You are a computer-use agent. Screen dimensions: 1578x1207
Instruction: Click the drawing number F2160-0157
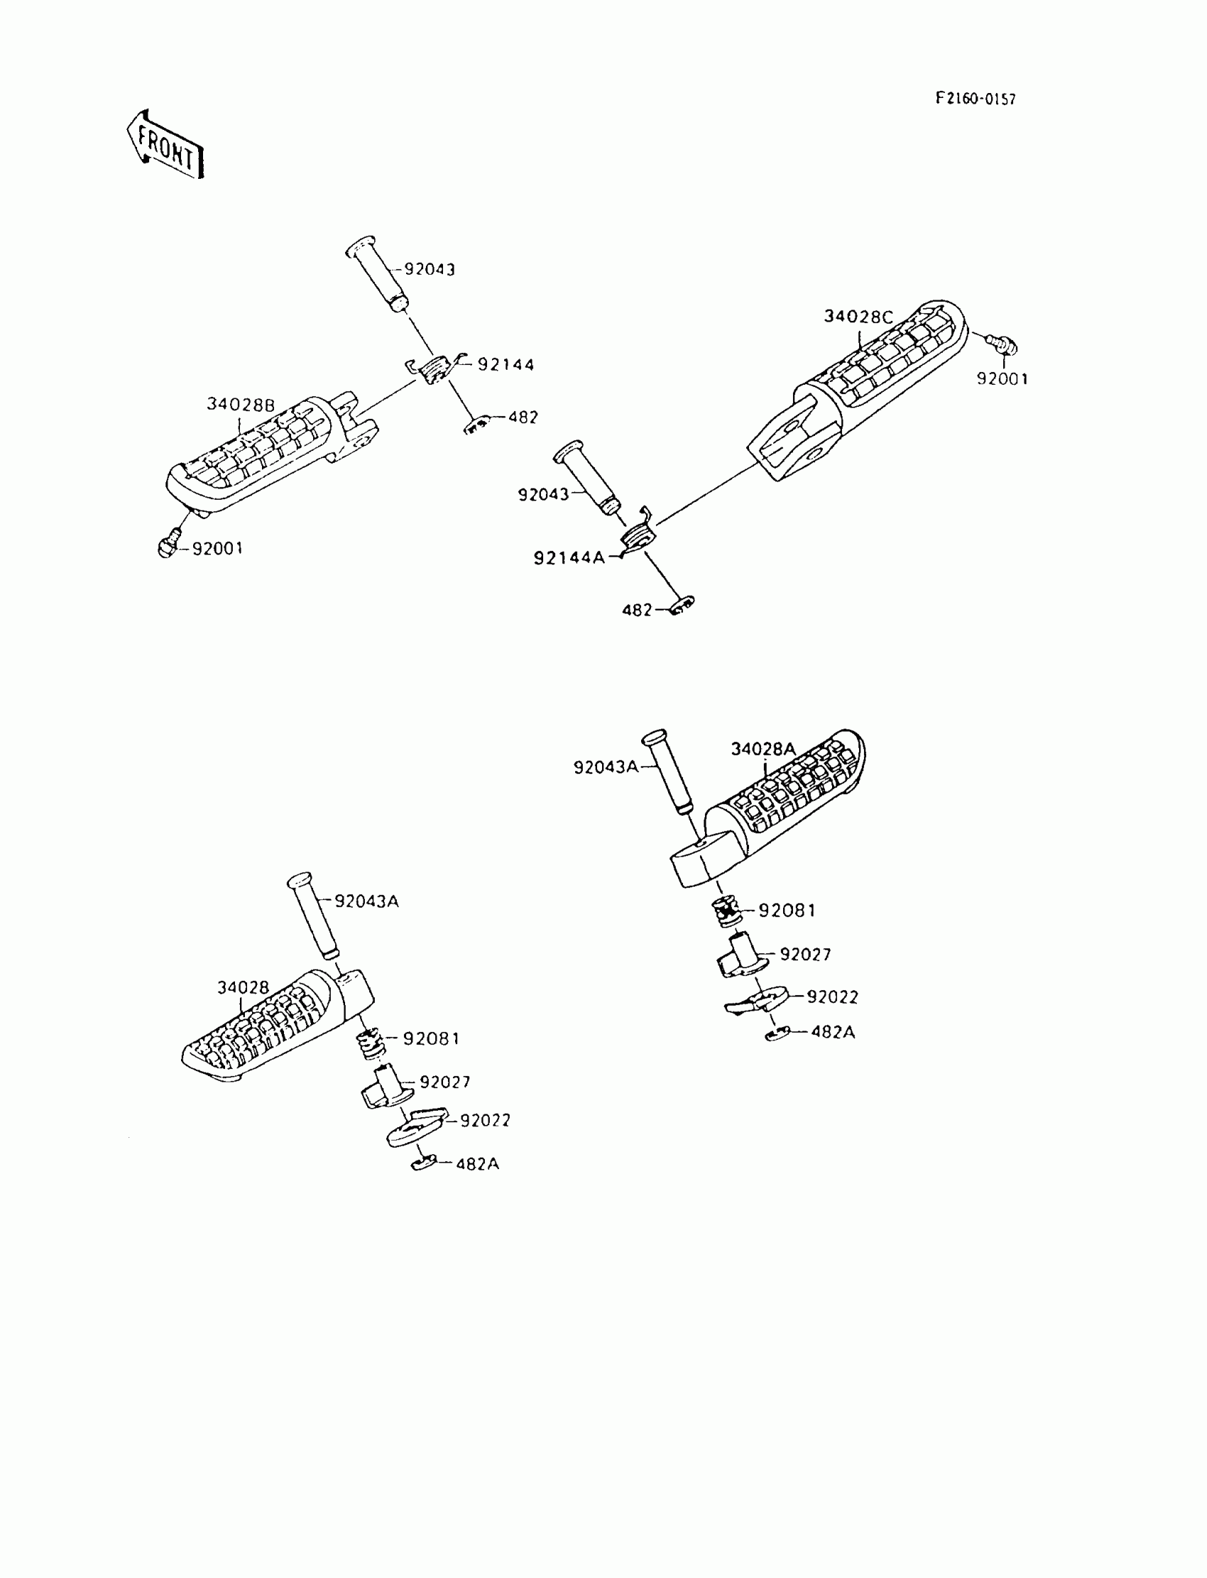[x=975, y=99]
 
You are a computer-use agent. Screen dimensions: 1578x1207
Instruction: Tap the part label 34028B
[x=241, y=405]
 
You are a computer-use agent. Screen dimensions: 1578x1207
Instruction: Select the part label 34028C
[x=858, y=317]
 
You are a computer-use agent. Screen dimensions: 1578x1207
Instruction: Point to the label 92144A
[x=569, y=558]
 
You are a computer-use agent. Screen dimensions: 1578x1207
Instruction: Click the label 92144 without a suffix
[x=506, y=365]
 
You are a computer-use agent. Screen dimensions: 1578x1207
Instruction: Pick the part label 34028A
[x=763, y=749]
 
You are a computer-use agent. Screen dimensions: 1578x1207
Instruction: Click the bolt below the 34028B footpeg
[x=168, y=548]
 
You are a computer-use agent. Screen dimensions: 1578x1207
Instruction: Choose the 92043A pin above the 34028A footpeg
[x=669, y=773]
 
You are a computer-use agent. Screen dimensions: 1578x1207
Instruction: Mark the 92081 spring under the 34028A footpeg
[x=728, y=911]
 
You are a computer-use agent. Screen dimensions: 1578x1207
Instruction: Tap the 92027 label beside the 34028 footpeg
[x=444, y=1082]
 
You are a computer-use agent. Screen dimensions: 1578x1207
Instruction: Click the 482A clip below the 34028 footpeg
[x=424, y=1162]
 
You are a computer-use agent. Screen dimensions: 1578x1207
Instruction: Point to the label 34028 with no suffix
[x=243, y=987]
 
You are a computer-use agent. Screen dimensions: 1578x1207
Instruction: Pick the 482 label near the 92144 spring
[x=523, y=417]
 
